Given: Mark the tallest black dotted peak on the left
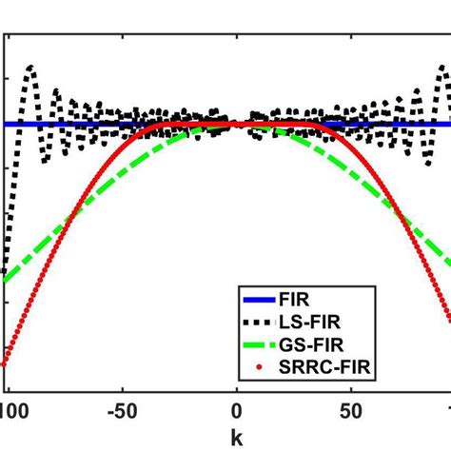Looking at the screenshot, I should [30, 67].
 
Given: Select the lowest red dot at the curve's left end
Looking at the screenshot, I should [4, 363].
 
